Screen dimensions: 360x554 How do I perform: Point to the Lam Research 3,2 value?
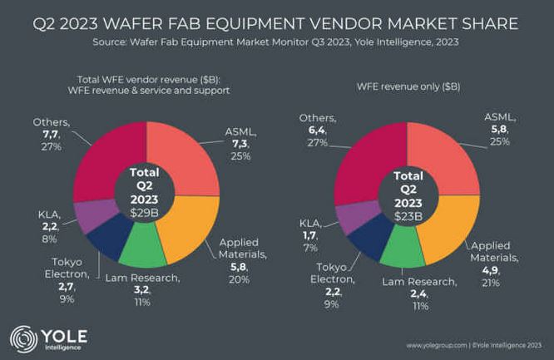tap(141, 291)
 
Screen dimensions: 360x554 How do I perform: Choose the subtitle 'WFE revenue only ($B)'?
tap(408, 86)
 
